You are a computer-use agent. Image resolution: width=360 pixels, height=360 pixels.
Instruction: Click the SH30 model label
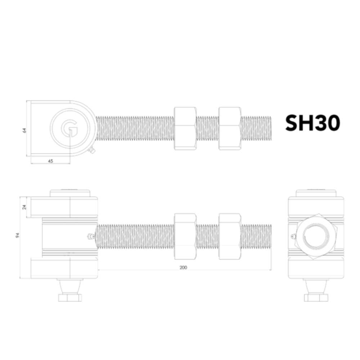[x=312, y=123]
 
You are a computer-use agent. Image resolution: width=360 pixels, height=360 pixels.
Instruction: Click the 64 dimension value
[x=24, y=130]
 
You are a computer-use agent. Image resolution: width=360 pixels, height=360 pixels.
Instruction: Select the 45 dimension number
[x=50, y=161]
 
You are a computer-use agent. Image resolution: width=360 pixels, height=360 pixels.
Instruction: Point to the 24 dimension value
[x=24, y=207]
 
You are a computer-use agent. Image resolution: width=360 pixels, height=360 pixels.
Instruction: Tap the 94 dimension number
[x=17, y=235]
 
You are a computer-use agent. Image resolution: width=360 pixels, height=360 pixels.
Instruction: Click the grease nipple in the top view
[x=91, y=151]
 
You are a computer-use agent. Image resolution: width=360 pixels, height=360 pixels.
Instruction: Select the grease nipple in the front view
[x=89, y=236]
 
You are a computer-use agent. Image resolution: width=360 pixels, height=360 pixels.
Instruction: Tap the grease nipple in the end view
[x=293, y=236]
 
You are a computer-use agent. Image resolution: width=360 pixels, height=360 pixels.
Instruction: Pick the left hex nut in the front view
[x=185, y=236]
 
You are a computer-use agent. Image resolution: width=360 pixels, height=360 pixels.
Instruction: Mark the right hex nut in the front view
[x=229, y=236]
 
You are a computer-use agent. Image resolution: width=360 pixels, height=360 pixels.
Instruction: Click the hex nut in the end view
[x=316, y=236]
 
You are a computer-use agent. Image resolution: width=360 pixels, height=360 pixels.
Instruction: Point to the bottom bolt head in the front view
[x=70, y=297]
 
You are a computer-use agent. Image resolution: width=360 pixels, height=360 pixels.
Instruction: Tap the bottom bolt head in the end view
[x=316, y=297]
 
